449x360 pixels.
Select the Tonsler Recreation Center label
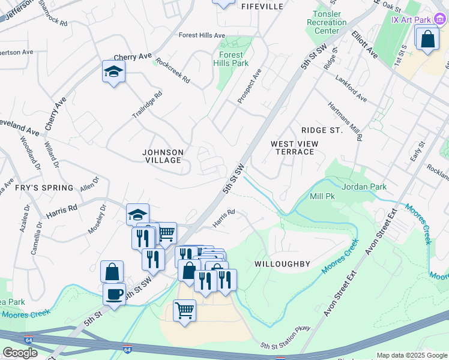(x=327, y=22)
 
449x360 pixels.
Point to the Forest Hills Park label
(x=231, y=59)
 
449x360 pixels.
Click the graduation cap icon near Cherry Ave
(x=113, y=72)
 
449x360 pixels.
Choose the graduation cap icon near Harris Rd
(x=137, y=215)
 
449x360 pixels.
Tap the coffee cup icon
(x=113, y=295)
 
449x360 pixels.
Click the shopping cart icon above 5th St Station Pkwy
(x=184, y=311)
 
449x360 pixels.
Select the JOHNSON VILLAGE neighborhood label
(x=163, y=156)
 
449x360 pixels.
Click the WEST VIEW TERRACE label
(x=292, y=148)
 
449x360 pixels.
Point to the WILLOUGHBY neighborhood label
(x=282, y=264)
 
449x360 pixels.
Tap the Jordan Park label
(x=364, y=187)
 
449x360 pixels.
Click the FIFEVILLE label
(x=262, y=6)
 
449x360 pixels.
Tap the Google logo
(x=20, y=353)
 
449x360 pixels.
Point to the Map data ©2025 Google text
(x=411, y=355)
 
